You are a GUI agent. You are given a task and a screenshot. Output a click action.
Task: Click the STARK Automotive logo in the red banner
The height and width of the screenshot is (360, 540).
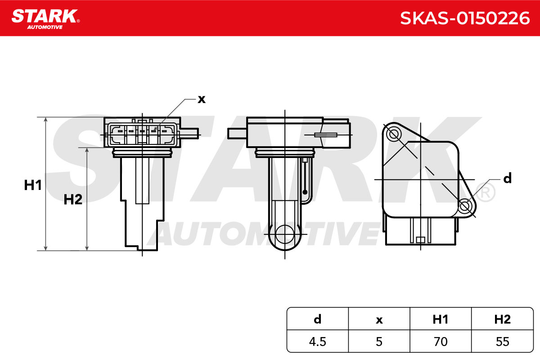point(45,19)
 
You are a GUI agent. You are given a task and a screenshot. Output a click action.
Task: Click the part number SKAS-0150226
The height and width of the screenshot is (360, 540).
point(465,18)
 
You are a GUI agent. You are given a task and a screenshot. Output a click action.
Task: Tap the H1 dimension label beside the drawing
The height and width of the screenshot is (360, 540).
point(33,185)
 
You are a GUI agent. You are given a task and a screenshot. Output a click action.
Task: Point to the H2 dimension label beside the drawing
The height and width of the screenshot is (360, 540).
point(73,199)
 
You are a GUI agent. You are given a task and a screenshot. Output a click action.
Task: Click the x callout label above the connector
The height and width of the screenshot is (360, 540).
point(202,99)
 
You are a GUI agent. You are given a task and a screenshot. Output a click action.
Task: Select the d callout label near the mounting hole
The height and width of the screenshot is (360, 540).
point(507,178)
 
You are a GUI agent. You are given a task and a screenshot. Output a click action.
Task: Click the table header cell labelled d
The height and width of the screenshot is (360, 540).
point(318,319)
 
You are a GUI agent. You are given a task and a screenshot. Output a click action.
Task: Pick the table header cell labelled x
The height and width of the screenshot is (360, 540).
point(379,319)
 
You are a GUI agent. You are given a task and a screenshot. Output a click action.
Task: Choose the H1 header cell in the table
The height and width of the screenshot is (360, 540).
point(441,319)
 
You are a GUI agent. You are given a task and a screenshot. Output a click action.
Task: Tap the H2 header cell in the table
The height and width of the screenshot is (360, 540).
point(502,319)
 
